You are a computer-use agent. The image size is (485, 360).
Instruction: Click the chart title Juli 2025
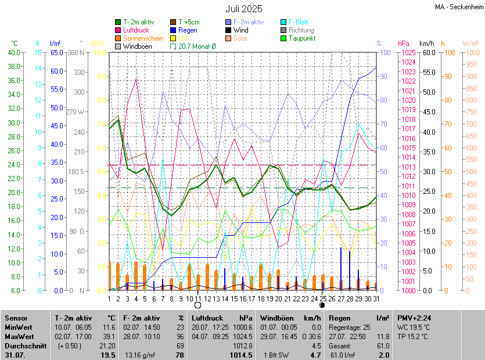(244, 9)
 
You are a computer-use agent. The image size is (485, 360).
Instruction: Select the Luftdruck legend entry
(136, 30)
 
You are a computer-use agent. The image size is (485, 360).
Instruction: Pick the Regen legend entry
(188, 30)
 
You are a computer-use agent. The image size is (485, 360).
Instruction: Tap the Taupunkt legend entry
(301, 38)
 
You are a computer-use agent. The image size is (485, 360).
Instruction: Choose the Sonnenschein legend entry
(143, 38)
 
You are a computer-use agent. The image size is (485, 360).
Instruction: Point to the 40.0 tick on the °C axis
(12, 52)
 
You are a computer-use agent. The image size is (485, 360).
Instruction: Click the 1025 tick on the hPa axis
(408, 52)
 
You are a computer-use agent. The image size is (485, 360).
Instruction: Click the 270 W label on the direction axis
(76, 112)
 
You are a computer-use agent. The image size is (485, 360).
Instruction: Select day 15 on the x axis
(233, 298)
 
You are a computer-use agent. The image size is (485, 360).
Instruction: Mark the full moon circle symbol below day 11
(197, 305)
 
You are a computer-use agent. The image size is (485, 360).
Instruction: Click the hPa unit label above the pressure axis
(404, 44)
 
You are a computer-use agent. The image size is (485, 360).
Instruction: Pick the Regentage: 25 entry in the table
(349, 327)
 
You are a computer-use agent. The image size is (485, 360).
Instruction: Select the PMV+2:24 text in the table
(414, 318)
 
